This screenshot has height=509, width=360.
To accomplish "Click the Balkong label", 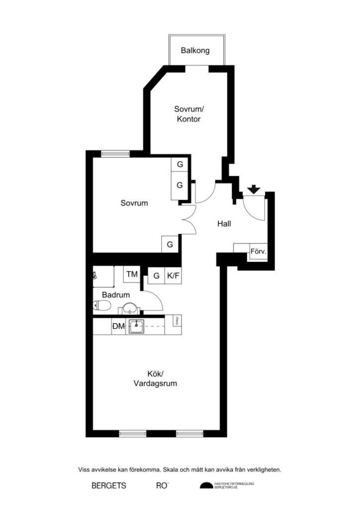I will [x=195, y=50].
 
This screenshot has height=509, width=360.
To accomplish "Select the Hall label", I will [x=224, y=224].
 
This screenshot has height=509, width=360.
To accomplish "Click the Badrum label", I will [x=116, y=295].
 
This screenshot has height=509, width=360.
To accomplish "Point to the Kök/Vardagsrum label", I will [x=155, y=379].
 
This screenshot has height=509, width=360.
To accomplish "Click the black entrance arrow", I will [x=254, y=189].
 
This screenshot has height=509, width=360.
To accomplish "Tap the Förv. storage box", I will [x=258, y=252].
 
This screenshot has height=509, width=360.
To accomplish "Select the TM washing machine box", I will [x=132, y=274].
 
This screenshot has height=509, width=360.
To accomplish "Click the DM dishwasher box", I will [x=118, y=327].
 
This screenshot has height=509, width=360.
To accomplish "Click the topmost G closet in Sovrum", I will [x=180, y=164].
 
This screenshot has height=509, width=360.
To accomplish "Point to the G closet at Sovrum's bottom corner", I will [x=170, y=245].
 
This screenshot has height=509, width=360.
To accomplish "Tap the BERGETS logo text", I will [x=109, y=486].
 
